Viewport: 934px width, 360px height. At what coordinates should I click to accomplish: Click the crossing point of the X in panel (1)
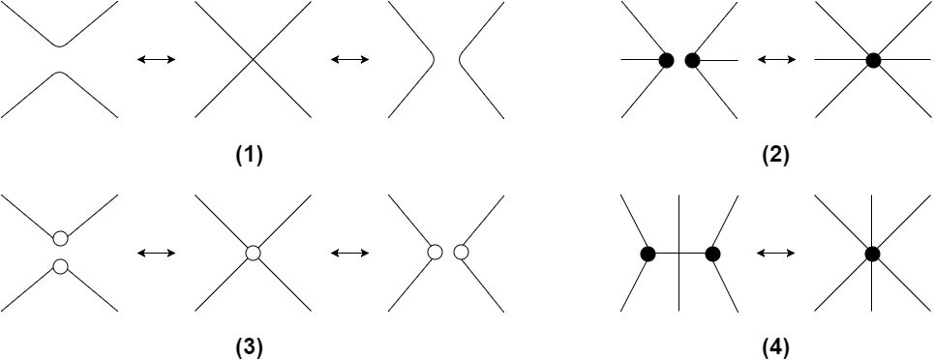tap(253, 60)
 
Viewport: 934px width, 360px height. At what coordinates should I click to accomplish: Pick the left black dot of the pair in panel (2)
tap(666, 60)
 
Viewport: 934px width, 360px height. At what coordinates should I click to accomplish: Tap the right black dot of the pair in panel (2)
tap(692, 60)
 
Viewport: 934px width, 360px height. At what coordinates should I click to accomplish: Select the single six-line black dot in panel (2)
tap(873, 60)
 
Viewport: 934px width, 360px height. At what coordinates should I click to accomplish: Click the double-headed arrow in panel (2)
tap(775, 60)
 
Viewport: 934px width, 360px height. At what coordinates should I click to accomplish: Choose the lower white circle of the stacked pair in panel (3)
tap(60, 265)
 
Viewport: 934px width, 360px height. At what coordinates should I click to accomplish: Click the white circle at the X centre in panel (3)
tap(253, 253)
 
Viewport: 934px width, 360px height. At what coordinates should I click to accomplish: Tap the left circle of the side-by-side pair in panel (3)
tap(435, 253)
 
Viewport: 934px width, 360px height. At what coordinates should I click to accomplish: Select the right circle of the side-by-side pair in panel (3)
tap(461, 253)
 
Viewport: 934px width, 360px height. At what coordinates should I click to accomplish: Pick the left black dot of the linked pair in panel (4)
tap(648, 254)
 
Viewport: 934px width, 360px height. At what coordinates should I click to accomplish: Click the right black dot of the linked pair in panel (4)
tap(713, 254)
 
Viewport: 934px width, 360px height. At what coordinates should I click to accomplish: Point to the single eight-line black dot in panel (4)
tap(872, 254)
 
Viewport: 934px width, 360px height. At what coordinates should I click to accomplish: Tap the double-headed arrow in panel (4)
tap(775, 254)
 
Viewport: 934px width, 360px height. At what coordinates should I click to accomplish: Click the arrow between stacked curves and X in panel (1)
tap(157, 60)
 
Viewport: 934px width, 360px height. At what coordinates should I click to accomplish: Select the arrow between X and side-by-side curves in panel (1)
tap(349, 60)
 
